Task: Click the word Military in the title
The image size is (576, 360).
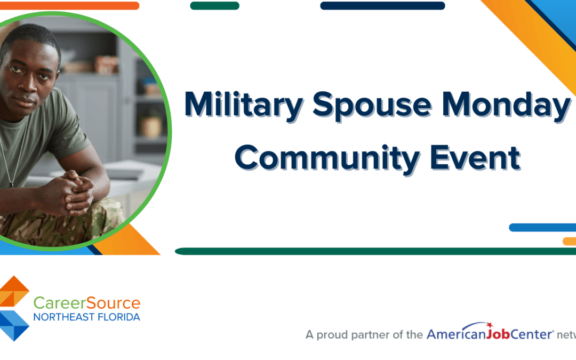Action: coord(243,105)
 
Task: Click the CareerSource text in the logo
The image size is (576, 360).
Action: coord(87,303)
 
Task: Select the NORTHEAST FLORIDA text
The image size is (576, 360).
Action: coord(87,317)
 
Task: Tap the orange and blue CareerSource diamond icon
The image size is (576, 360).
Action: coord(14,308)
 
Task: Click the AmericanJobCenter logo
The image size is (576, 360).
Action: coord(490,334)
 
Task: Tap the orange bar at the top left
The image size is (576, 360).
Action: coord(69,6)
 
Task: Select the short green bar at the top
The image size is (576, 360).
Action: coord(214,6)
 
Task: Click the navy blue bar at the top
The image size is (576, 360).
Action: coord(382,6)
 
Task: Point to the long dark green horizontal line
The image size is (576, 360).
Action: coord(373,251)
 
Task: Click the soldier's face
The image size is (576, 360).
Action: coord(27,80)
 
